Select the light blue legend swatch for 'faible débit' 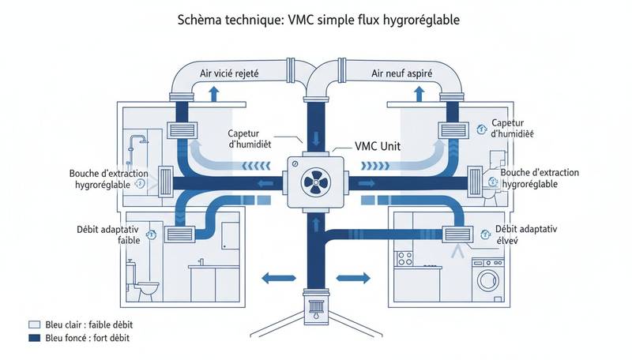[x=33, y=324]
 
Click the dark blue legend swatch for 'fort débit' [x=33, y=338]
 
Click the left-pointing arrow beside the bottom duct [x=275, y=277]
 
